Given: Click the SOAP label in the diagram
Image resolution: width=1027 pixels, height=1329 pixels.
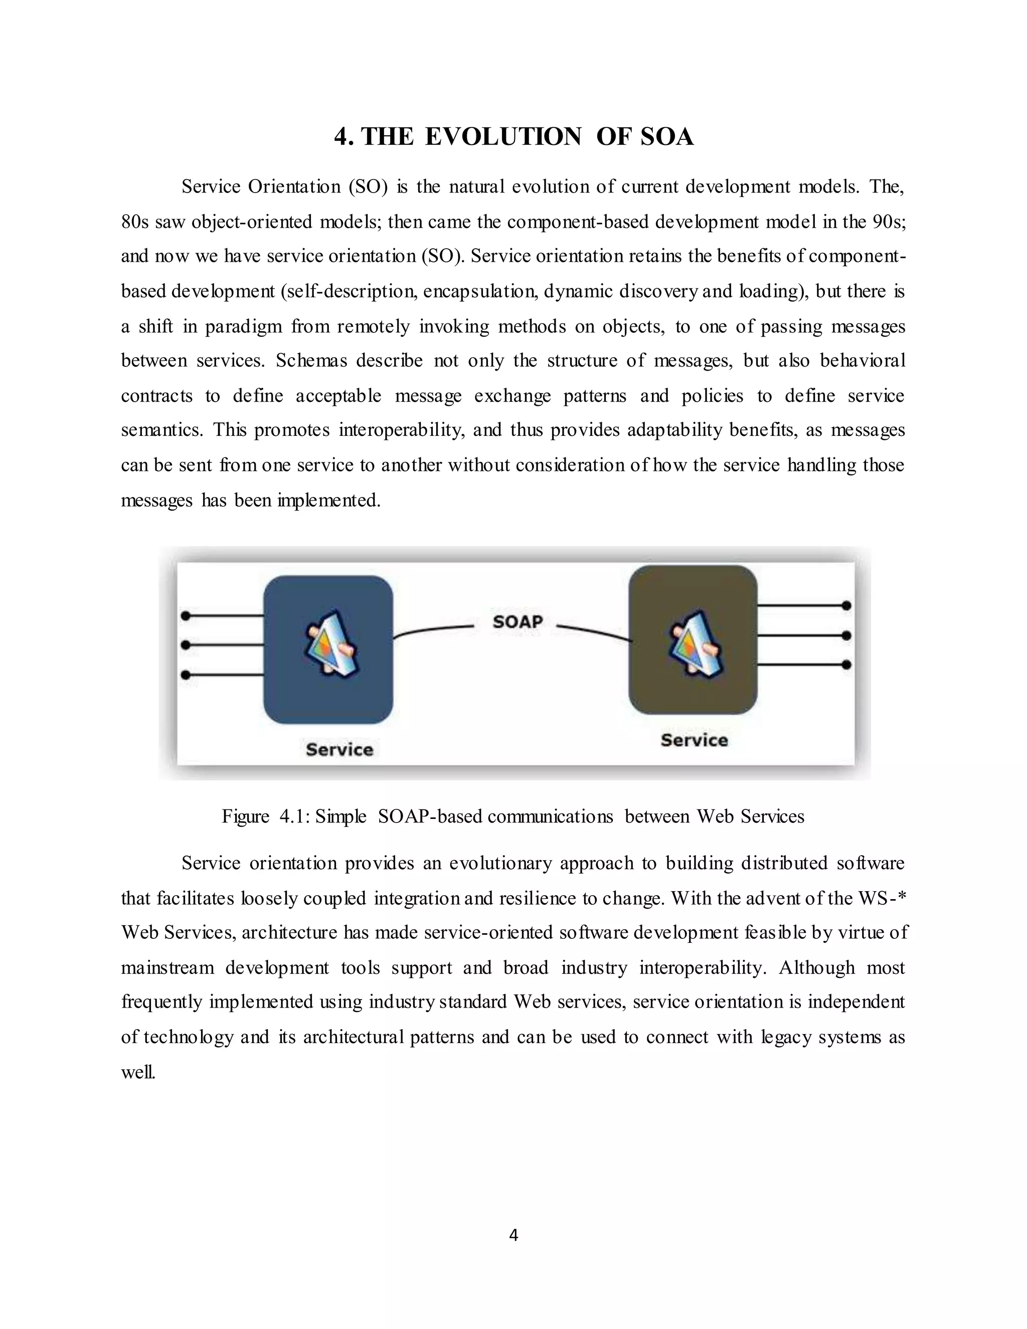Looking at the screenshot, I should coord(517,621).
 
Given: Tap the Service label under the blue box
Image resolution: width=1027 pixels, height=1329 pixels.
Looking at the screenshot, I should coord(339,749).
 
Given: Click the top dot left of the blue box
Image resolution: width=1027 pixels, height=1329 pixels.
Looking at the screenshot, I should coord(186,616).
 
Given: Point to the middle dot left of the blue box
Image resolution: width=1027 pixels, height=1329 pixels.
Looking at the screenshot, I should coord(186,644).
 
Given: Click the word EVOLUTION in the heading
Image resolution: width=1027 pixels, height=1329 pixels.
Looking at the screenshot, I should coord(502,136).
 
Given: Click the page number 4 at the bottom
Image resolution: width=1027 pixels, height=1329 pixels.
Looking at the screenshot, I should coord(513,1235).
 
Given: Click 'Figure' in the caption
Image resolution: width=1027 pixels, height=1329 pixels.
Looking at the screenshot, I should coord(245,816).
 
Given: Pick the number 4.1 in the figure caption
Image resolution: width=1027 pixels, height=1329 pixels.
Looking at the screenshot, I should coord(295,816).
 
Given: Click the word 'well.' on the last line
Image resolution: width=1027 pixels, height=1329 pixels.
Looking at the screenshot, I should coord(138,1072).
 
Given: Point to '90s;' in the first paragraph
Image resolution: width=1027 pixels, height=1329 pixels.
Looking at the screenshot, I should coord(889,222).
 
